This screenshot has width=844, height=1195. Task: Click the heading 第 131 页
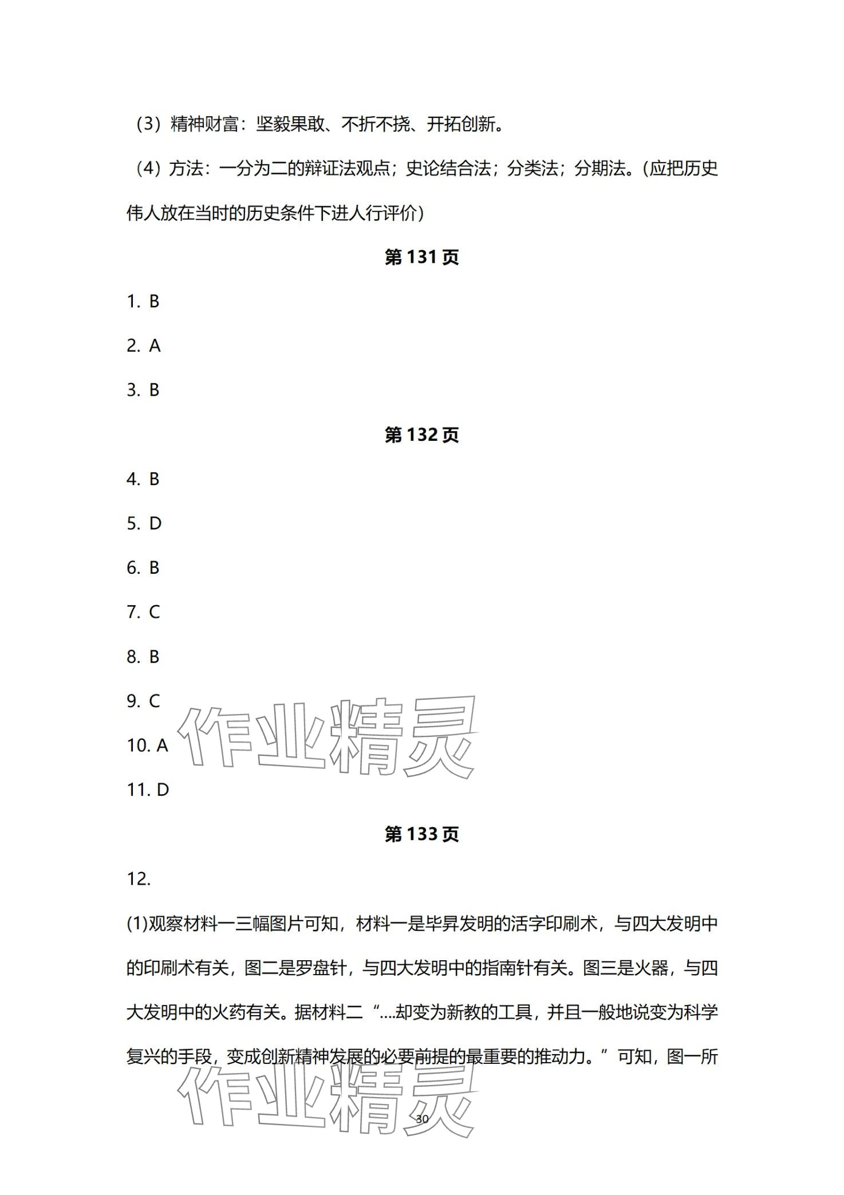point(421,258)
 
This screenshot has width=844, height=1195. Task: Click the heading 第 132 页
point(421,435)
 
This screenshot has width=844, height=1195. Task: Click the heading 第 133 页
point(421,834)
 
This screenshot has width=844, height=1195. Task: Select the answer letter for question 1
point(154,302)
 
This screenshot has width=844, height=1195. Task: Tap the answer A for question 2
point(155,346)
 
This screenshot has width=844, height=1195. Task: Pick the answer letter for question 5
point(155,523)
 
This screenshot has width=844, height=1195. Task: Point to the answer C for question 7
point(155,612)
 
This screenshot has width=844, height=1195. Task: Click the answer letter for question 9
point(155,701)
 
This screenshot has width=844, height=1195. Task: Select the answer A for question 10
point(162,746)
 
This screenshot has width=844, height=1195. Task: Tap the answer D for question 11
point(163,790)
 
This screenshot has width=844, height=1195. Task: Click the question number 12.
point(138,879)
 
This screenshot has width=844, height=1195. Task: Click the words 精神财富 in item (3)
point(204,124)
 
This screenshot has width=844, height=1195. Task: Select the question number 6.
point(133,568)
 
